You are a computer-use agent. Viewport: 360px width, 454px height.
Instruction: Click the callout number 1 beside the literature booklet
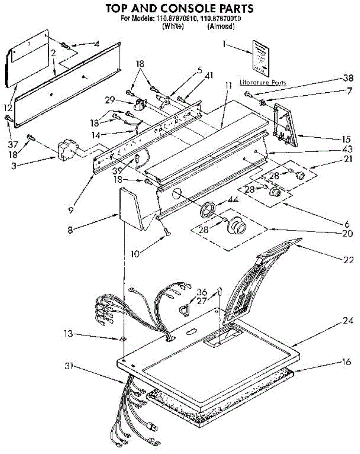point(224,44)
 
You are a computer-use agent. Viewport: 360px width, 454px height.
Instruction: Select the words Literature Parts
point(263,82)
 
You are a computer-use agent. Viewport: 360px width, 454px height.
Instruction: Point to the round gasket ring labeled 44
point(207,209)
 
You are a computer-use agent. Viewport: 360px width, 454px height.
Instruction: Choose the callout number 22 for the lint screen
point(349,260)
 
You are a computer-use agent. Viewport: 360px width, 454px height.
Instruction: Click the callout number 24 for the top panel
point(348,321)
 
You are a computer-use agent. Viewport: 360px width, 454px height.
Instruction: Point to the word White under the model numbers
point(173,26)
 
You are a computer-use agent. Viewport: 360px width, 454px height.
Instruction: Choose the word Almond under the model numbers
point(221,26)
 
